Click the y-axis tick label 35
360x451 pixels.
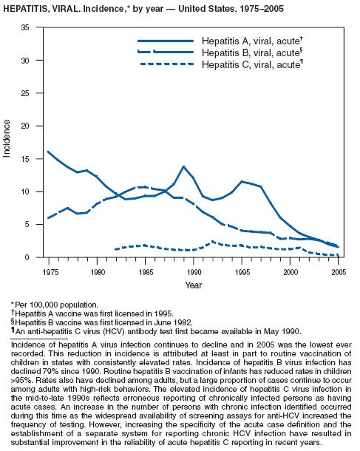tap(25, 27)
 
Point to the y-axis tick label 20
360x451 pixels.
tap(25, 126)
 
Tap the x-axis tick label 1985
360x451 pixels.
tap(146, 272)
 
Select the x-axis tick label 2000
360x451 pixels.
tap(291, 272)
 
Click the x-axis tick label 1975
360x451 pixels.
tap(50, 272)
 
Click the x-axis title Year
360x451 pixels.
tap(194, 285)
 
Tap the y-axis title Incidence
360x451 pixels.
tap(7, 138)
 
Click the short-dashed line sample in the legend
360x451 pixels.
tap(167, 64)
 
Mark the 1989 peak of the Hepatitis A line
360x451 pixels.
tap(184, 166)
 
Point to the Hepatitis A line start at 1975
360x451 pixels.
tap(48, 152)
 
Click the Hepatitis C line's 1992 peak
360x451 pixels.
tap(213, 242)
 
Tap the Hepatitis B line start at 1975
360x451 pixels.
tap(48, 218)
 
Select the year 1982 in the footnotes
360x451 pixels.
tap(184, 322)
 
